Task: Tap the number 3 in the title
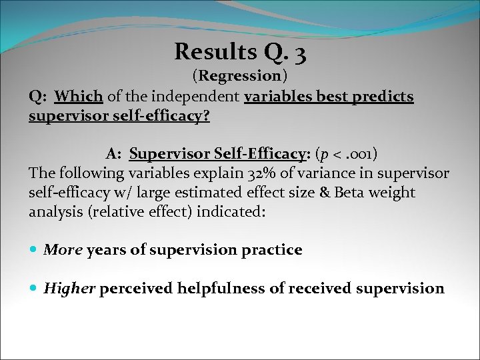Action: tap(299, 53)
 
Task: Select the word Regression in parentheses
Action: tap(239, 76)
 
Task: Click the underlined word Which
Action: tap(79, 97)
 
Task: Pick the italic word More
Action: tap(63, 250)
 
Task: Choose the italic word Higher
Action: tap(69, 289)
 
